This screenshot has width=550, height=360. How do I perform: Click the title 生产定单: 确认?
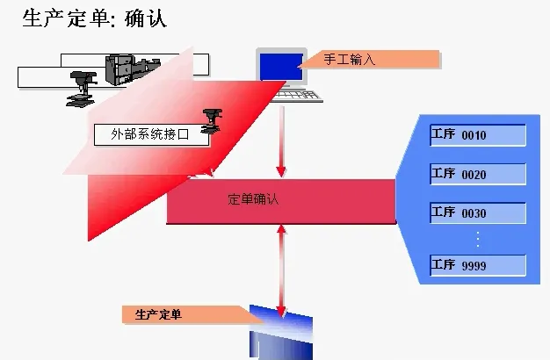tap(94, 18)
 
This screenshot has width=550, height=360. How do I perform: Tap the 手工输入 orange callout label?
tap(367, 60)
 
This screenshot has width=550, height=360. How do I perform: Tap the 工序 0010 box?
tap(477, 135)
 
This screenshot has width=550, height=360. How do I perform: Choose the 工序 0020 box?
tap(477, 174)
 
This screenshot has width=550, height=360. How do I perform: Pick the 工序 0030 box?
tap(477, 213)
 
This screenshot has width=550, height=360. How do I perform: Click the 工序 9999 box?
tap(477, 265)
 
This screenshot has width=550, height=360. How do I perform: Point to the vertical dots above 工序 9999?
tap(477, 239)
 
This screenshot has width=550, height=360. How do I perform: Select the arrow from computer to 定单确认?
tap(281, 140)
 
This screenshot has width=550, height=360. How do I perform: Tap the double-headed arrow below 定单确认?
tap(281, 270)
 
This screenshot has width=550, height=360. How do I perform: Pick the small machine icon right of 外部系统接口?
tap(213, 123)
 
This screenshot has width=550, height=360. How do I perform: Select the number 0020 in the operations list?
tap(474, 175)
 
